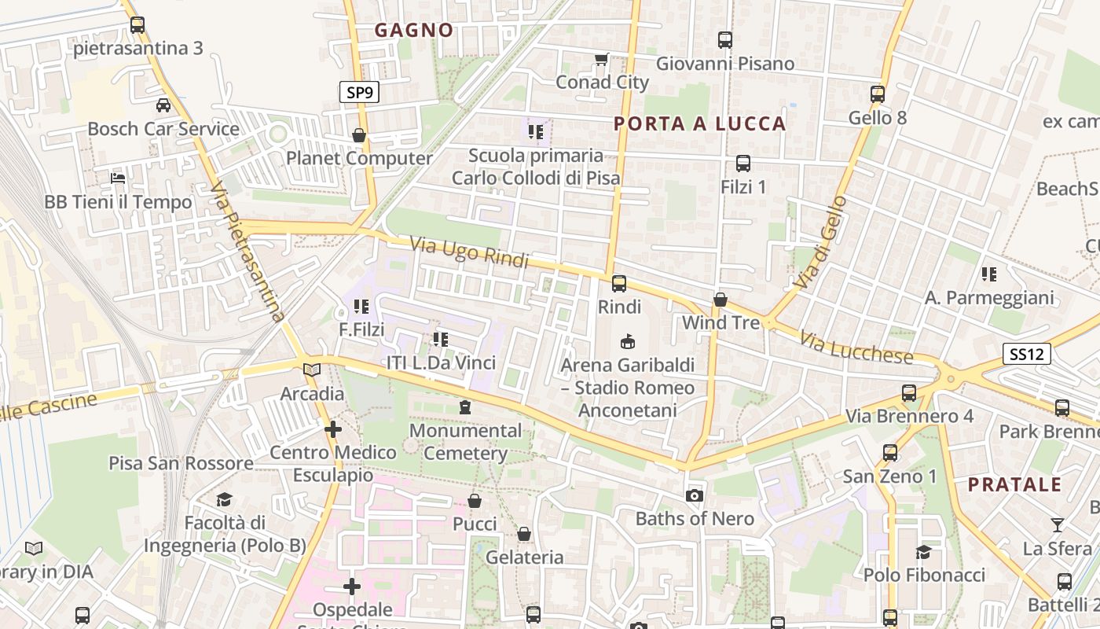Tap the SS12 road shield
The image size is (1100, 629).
(1027, 354)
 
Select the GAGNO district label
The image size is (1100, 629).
(414, 31)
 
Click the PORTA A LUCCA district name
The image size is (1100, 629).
(700, 123)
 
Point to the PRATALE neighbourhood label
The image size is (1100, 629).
(1014, 484)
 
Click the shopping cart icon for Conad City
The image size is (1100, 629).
(602, 60)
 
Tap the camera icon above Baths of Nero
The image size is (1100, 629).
(694, 495)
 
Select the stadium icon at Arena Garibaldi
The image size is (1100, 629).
(627, 342)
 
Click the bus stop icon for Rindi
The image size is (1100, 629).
(619, 283)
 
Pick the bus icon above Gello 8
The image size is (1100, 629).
(878, 94)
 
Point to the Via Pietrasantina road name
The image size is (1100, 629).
(247, 252)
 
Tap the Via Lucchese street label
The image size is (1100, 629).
(856, 348)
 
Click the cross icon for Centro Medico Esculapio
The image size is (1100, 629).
(333, 429)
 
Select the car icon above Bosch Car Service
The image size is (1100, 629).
(163, 105)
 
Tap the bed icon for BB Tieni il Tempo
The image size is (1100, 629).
(118, 178)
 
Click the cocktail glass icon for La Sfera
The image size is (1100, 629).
(1058, 524)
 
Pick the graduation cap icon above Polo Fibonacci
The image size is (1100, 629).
(923, 552)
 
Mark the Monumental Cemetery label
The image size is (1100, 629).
(465, 442)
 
